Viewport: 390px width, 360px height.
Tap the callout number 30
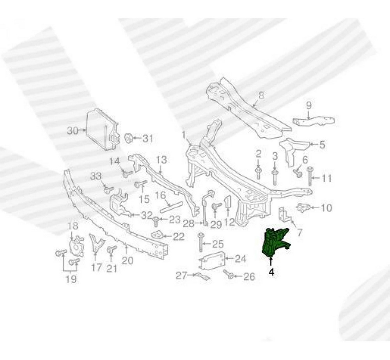click(73, 131)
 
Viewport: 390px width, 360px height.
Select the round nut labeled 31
click(127, 138)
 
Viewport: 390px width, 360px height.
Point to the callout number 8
click(261, 96)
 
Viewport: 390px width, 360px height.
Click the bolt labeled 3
click(275, 175)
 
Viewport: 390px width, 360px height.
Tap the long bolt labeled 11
click(310, 176)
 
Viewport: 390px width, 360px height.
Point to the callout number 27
click(181, 275)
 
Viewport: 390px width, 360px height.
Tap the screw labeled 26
click(229, 275)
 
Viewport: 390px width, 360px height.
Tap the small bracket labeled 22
click(158, 234)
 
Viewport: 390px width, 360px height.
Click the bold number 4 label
click(271, 274)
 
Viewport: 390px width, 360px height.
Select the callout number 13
click(161, 160)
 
